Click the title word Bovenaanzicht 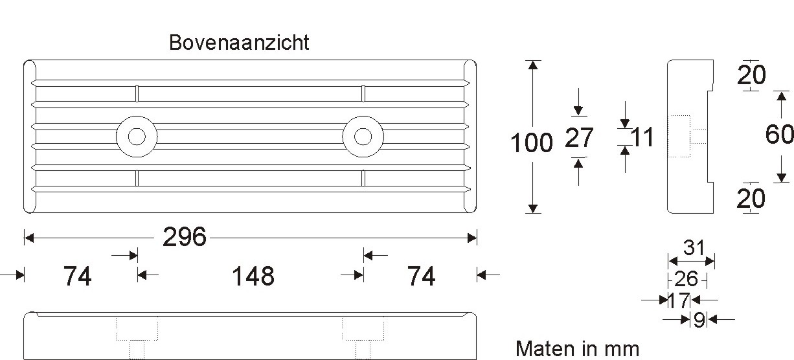pyautogui.click(x=239, y=43)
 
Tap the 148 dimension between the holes pyautogui.click(x=253, y=276)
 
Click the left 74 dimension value pyautogui.click(x=77, y=276)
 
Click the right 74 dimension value pyautogui.click(x=421, y=276)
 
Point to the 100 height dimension pyautogui.click(x=532, y=143)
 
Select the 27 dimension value pyautogui.click(x=579, y=138)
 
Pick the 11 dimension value pyautogui.click(x=642, y=137)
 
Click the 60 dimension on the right pyautogui.click(x=779, y=135)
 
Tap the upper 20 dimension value pyautogui.click(x=751, y=76)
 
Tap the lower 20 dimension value pyautogui.click(x=751, y=199)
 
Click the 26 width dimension pyautogui.click(x=686, y=280)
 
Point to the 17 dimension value pyautogui.click(x=678, y=300)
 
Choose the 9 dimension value pyautogui.click(x=699, y=320)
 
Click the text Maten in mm pyautogui.click(x=577, y=349)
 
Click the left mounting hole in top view pyautogui.click(x=137, y=137)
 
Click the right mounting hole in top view pyautogui.click(x=363, y=137)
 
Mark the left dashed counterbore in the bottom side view pyautogui.click(x=137, y=330)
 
